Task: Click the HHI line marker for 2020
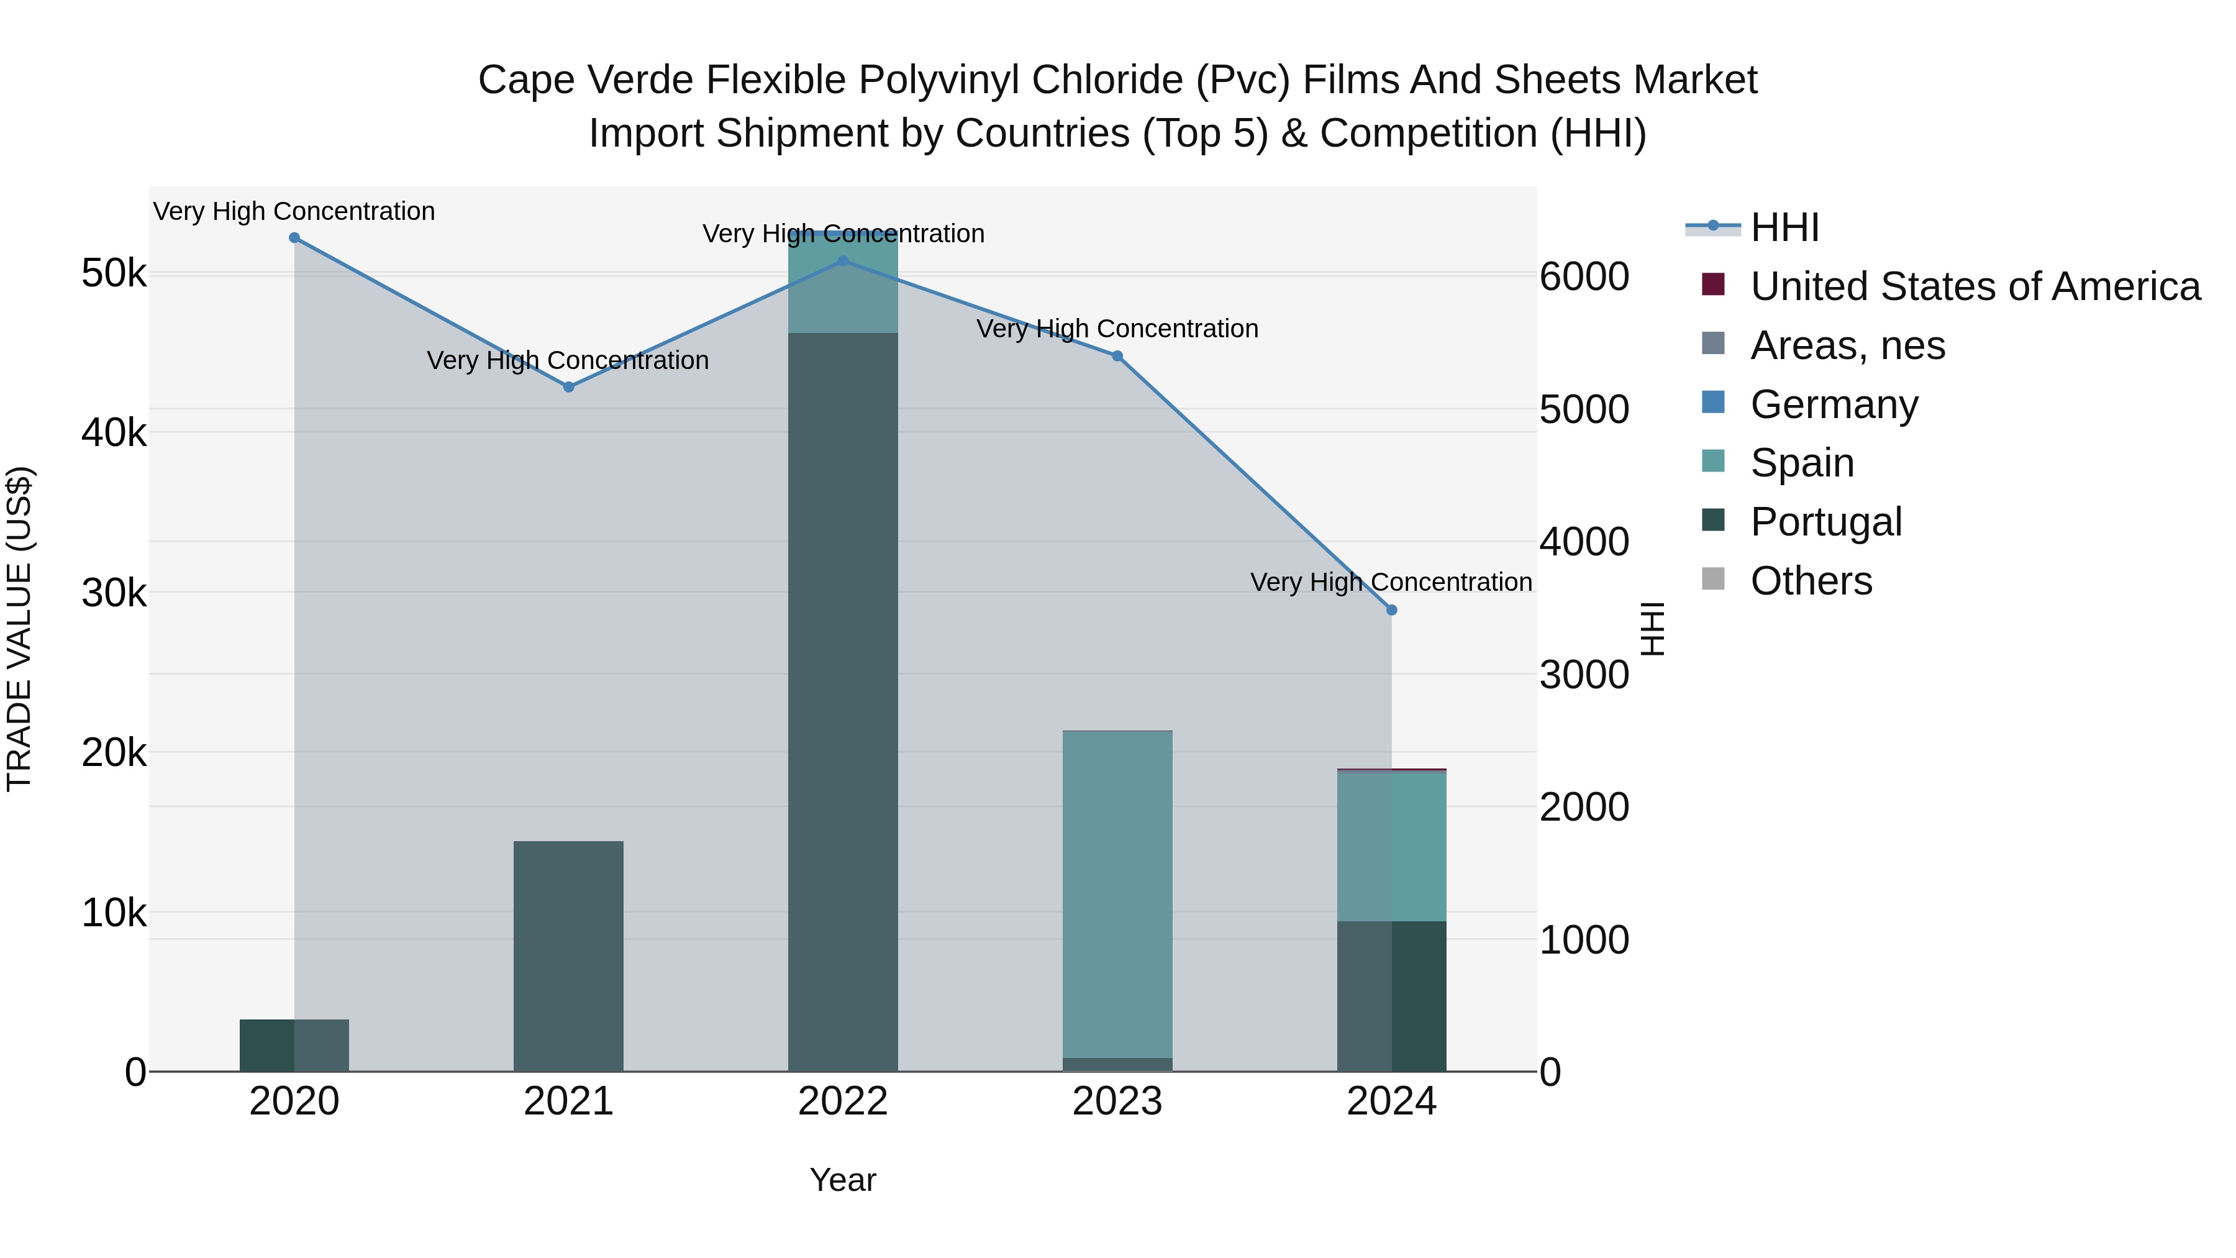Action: [294, 238]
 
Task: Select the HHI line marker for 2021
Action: [568, 387]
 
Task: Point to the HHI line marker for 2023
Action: [1117, 356]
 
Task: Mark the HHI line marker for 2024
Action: [1391, 610]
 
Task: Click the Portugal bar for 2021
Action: [568, 955]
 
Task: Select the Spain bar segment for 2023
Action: [1117, 894]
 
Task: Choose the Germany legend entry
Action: [1834, 404]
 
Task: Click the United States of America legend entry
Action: [1975, 286]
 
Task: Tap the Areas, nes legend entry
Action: [1847, 345]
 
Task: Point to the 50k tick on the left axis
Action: [114, 275]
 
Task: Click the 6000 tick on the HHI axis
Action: [1584, 277]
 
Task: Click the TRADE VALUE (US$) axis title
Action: [20, 629]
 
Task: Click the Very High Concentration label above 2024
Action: [1391, 583]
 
